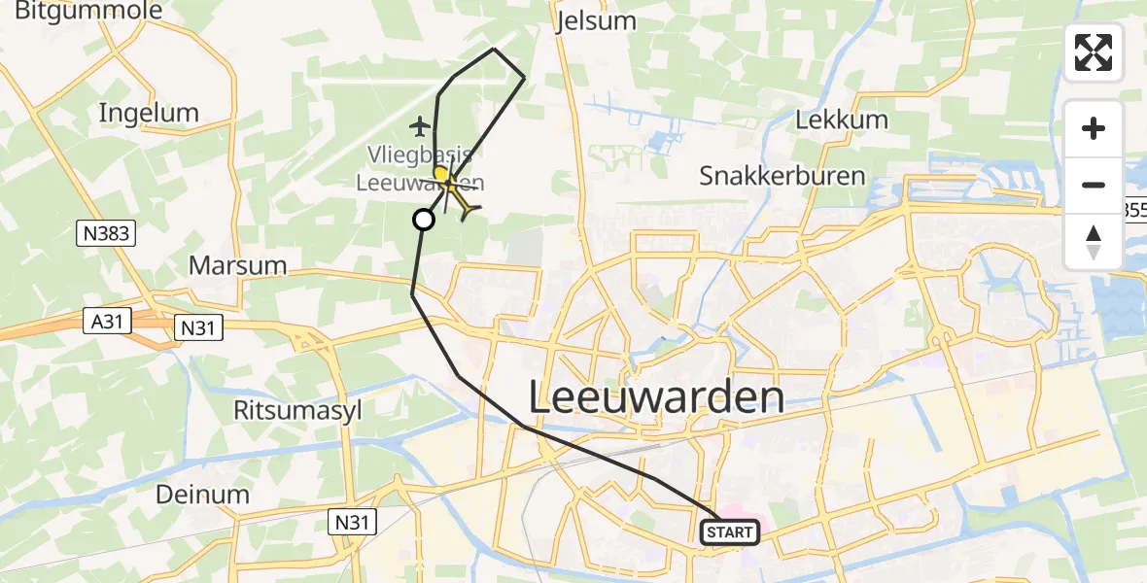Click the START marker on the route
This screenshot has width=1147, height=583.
[x=729, y=532]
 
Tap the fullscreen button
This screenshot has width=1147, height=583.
[x=1094, y=52]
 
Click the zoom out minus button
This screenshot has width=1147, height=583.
[x=1094, y=185]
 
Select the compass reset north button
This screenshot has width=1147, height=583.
[x=1094, y=241]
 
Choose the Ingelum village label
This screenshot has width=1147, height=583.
[x=149, y=113]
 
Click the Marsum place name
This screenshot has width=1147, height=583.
[x=238, y=265]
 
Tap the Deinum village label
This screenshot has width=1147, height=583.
[x=203, y=495]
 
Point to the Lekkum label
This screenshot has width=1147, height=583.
[x=842, y=120]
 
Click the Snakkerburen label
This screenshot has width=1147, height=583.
[x=782, y=176]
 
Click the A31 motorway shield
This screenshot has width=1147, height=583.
[x=104, y=322]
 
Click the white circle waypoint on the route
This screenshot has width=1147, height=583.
[x=424, y=220]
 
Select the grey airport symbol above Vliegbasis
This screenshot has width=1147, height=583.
[x=420, y=126]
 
